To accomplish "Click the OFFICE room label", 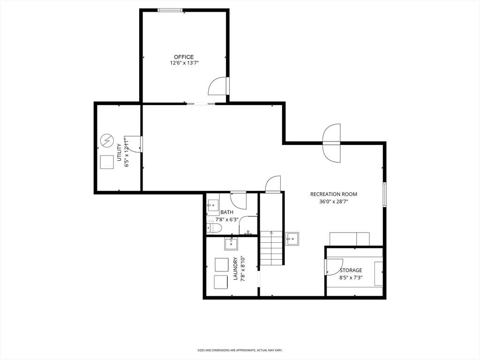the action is [x=184, y=57].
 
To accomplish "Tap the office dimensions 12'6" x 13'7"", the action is [x=185, y=63].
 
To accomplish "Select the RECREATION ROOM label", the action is [x=334, y=194].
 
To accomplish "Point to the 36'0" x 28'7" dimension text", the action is [x=334, y=202].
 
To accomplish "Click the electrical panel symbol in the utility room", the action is [x=107, y=141].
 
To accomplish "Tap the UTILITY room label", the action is [x=119, y=152].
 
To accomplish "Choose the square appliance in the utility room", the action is [x=107, y=162].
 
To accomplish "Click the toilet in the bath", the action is [x=213, y=228].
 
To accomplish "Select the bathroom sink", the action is [x=212, y=205].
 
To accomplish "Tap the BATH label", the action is [x=227, y=212].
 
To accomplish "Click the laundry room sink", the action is [x=231, y=244].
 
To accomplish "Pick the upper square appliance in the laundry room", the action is [x=222, y=265].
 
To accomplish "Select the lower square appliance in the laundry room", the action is [x=221, y=282].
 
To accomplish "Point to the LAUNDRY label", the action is [x=236, y=269].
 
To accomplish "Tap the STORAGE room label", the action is [x=351, y=270].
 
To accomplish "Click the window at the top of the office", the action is [x=170, y=10].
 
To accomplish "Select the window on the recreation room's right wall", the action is [x=385, y=195].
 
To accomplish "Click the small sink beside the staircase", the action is [x=292, y=239].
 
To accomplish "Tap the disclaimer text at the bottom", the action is [x=240, y=350].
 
